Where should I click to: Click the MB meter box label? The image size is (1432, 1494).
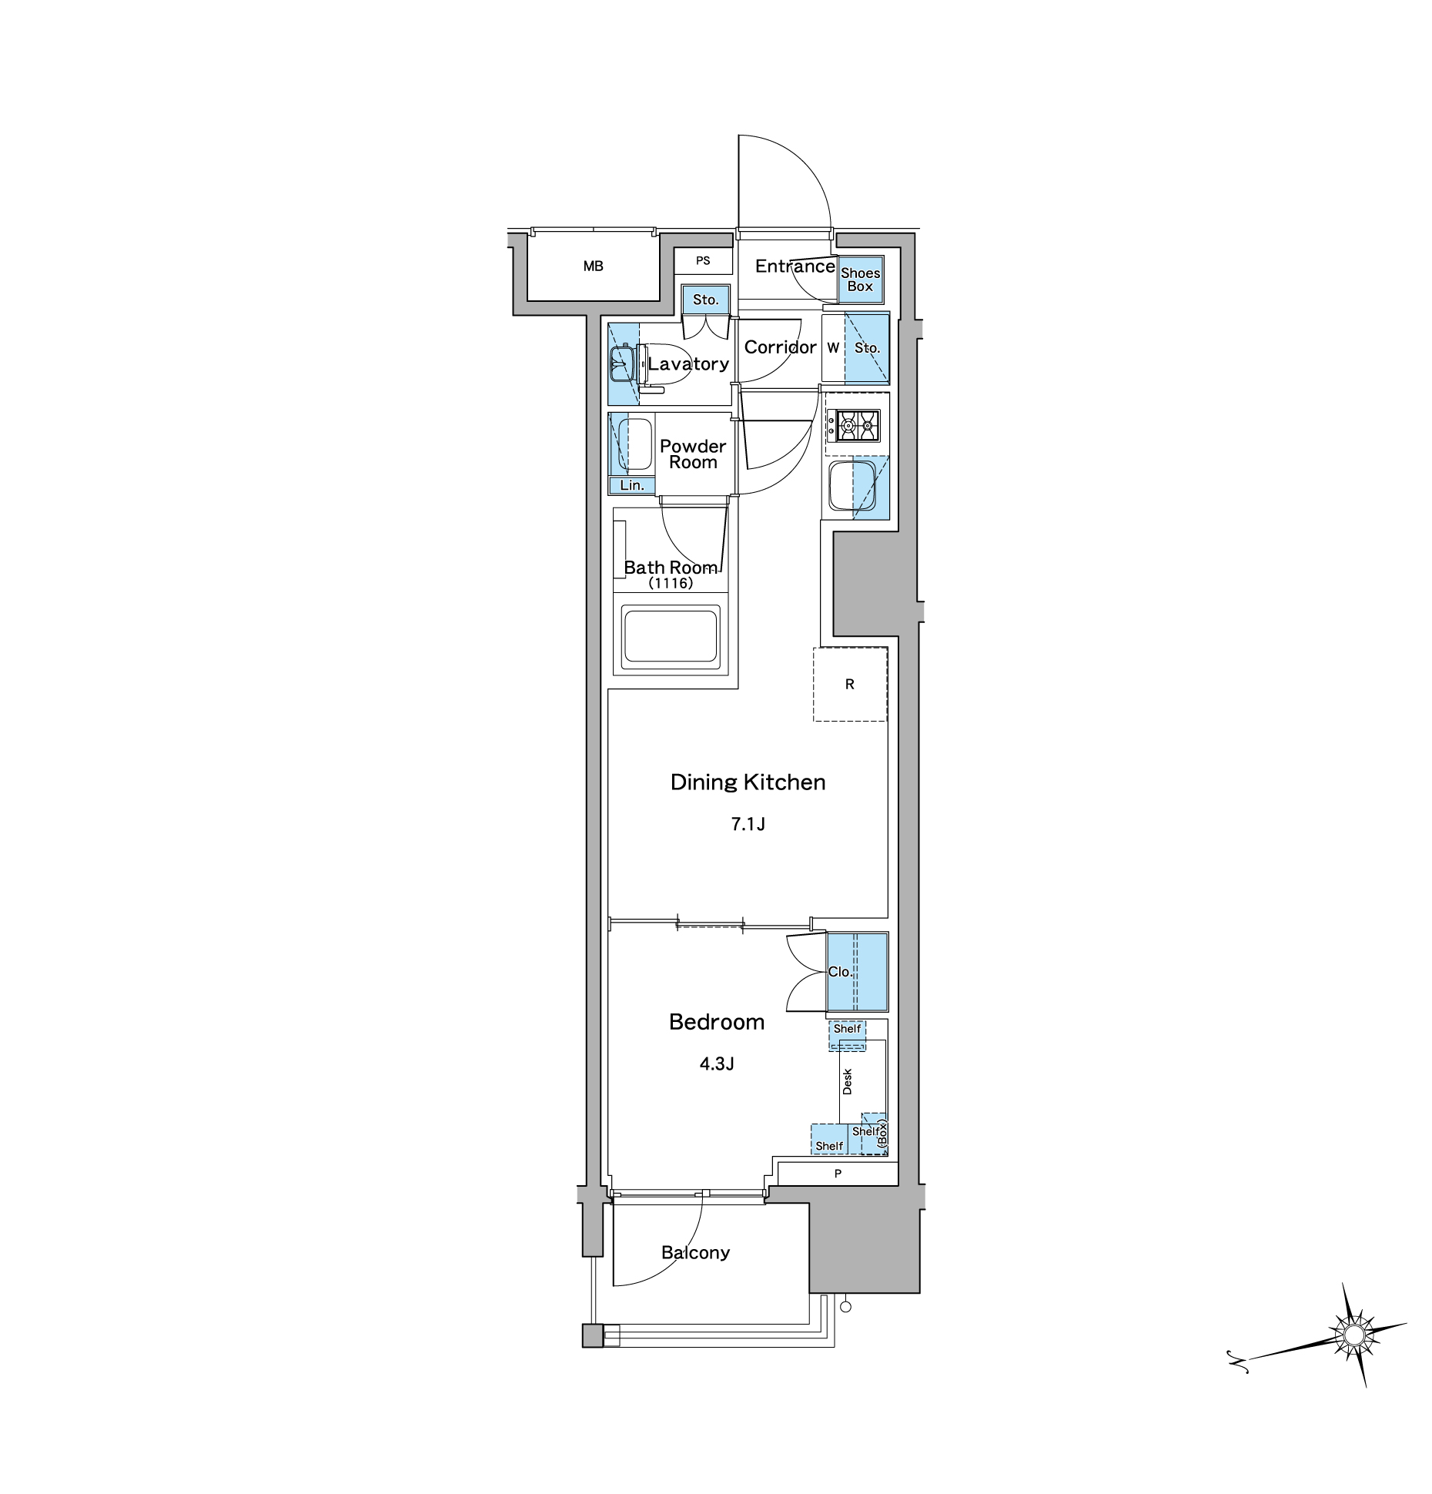[593, 266]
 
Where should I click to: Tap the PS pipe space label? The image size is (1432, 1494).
[703, 261]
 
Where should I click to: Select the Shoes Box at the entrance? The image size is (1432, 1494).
[860, 280]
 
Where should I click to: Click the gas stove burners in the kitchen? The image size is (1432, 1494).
[853, 425]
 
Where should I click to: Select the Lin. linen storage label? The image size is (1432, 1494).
[632, 485]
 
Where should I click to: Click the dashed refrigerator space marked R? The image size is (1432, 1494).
[850, 684]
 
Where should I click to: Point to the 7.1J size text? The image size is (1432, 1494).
[748, 824]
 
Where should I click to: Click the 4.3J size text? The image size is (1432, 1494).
[716, 1064]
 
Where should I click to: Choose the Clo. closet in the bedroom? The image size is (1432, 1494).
[857, 971]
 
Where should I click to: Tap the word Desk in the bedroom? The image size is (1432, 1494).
[848, 1081]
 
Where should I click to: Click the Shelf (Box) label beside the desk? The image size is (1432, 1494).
[872, 1134]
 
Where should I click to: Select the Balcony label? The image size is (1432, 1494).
[695, 1253]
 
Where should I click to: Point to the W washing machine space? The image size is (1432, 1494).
[833, 348]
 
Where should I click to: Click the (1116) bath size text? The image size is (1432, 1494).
[671, 583]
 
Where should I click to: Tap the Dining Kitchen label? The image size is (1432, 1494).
[748, 782]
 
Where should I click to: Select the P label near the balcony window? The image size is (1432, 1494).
[838, 1174]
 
